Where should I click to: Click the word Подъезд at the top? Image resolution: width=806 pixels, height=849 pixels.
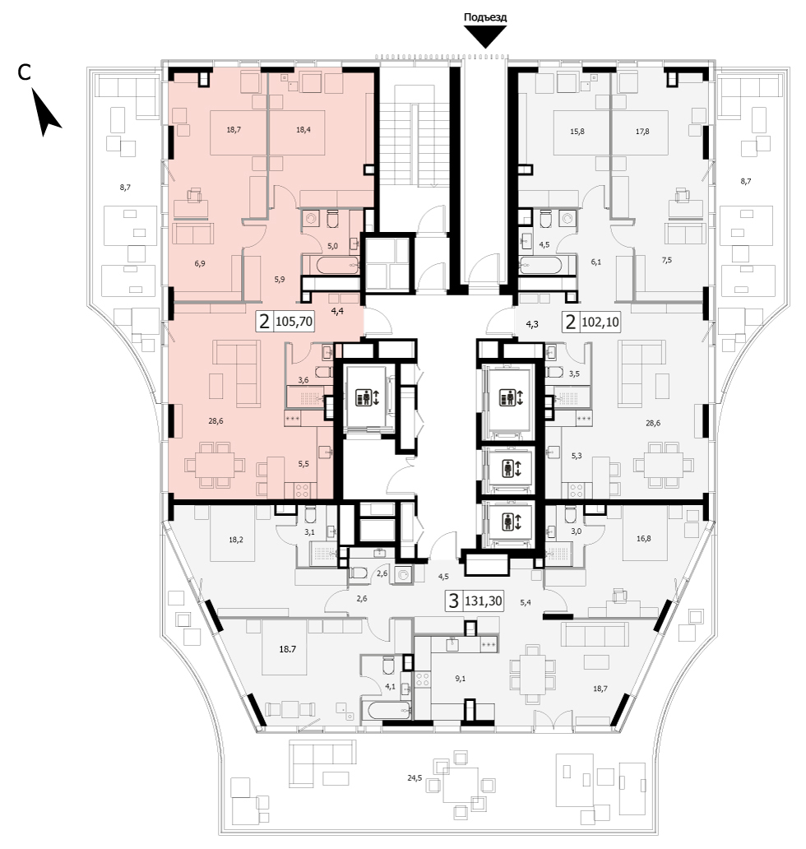tap(485, 17)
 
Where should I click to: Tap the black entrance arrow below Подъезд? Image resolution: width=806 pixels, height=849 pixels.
tap(485, 37)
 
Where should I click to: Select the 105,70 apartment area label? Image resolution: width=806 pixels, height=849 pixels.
tap(294, 322)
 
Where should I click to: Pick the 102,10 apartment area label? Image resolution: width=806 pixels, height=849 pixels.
tap(600, 322)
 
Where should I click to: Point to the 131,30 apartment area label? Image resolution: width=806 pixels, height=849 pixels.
tap(484, 601)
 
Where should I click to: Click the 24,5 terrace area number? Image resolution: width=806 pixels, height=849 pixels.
tap(415, 778)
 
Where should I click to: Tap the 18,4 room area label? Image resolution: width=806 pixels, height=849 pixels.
tap(303, 129)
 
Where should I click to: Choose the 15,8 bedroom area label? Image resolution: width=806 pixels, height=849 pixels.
tap(577, 131)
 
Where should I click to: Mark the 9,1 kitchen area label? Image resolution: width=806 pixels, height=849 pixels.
tap(460, 679)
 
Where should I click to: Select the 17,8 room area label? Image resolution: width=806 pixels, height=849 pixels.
tap(642, 131)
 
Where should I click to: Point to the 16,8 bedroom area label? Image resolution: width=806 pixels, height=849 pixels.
tap(644, 538)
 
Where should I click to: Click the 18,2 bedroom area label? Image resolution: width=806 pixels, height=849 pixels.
tap(235, 540)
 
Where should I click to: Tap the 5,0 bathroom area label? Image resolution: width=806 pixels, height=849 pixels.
tap(332, 246)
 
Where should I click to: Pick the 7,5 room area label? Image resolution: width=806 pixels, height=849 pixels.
tap(666, 260)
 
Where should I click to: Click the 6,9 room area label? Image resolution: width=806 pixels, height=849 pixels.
tap(200, 264)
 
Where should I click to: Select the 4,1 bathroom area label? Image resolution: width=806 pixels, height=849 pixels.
tap(390, 687)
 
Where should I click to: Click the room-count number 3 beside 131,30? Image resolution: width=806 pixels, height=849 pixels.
tap(454, 601)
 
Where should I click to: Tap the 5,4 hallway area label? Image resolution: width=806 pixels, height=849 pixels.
tap(525, 602)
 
